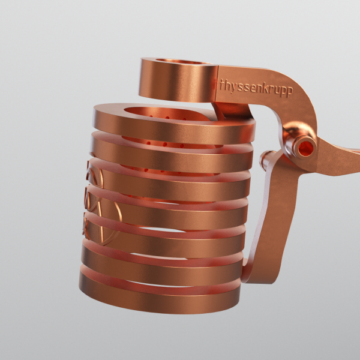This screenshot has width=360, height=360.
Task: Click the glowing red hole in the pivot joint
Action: (x=305, y=146)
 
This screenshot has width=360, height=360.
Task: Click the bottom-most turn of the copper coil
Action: (x=156, y=297)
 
